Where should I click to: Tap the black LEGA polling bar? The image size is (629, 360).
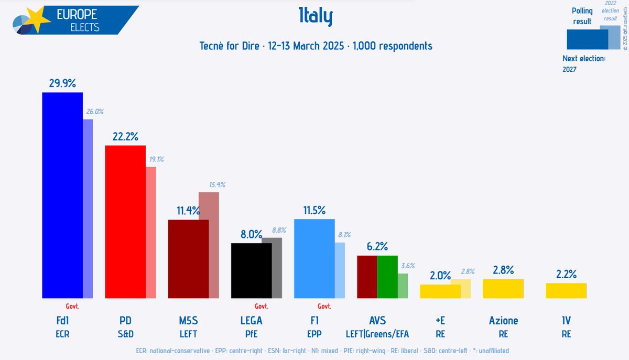coord(251,270)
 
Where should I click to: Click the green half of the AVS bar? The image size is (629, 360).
coord(387,277)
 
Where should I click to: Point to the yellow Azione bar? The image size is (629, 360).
coord(503,289)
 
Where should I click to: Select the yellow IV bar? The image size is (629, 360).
coord(566,291)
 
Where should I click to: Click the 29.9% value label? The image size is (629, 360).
coord(62,83)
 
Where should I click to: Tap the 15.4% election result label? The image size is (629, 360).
coord(217,185)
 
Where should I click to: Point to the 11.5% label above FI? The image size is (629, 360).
coord(314,210)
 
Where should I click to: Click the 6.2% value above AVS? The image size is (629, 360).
coord(377,246)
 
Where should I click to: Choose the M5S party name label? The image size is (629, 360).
coord(188,321)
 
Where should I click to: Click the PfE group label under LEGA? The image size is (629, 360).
coord(251,334)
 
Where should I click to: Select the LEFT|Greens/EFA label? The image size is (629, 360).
coord(377,334)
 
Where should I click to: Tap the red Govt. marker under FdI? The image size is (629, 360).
coord(72,306)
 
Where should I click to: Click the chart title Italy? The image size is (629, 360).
coord(315,18)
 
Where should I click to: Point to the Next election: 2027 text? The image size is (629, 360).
coord(583,63)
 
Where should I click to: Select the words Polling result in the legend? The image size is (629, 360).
coord(582,16)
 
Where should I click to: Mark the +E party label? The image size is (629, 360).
coord(440,321)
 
